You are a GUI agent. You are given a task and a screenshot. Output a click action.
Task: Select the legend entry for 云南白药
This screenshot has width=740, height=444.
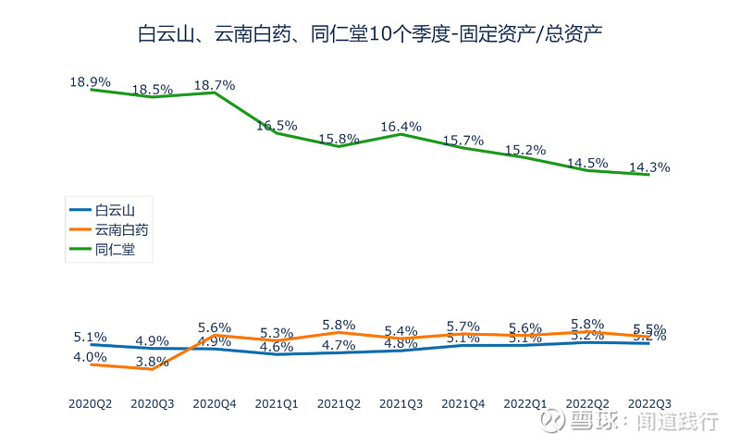(121, 230)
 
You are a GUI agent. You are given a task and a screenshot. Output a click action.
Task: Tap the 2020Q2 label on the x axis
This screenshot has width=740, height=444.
(91, 403)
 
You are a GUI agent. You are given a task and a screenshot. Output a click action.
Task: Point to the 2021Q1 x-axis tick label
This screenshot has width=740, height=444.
(277, 403)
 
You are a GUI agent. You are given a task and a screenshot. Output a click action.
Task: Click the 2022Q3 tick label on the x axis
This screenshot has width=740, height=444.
(649, 403)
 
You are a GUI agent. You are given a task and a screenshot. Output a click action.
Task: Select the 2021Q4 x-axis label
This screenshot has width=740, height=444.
(463, 403)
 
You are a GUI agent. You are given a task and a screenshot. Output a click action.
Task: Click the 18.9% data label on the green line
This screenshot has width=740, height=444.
(91, 81)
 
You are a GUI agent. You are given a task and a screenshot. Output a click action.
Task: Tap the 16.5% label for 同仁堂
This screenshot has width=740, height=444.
(277, 125)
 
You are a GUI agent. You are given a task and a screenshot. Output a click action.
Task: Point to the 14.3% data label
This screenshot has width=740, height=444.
(649, 167)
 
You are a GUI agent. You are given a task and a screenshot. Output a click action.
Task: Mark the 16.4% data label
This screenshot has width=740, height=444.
(401, 127)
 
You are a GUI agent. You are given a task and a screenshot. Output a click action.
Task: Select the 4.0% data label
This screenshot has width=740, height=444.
(91, 357)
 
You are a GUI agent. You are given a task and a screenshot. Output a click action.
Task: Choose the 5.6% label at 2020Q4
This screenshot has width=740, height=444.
(215, 327)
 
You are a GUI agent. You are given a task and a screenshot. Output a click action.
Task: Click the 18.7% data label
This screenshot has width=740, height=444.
(215, 85)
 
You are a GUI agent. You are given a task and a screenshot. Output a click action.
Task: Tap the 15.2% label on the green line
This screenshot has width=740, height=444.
(525, 150)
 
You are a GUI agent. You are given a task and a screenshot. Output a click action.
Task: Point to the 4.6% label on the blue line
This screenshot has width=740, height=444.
(277, 348)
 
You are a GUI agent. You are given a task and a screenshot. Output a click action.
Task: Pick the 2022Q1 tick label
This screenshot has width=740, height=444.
(525, 403)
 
